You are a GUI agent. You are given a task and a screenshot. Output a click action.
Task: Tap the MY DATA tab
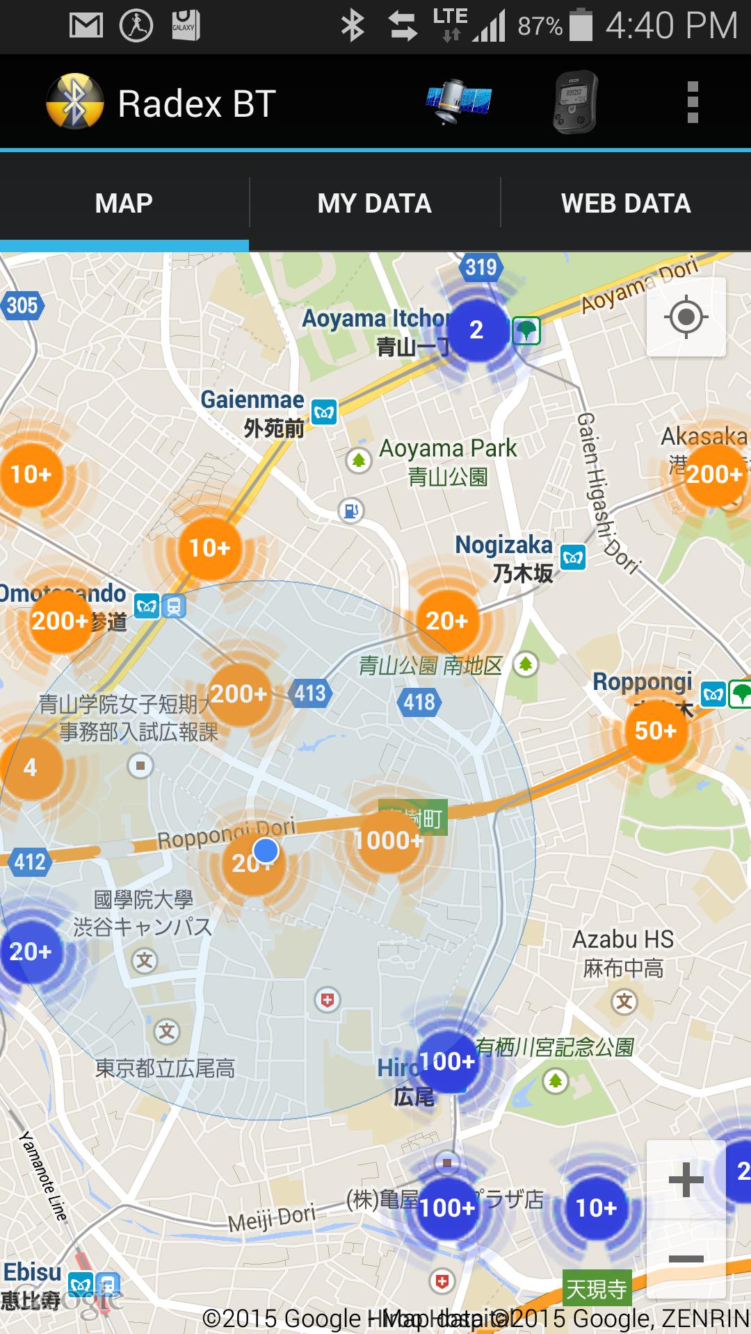click(x=374, y=204)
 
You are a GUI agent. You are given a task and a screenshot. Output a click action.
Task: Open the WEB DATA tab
click(x=626, y=204)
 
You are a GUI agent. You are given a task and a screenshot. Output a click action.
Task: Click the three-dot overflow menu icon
click(x=692, y=102)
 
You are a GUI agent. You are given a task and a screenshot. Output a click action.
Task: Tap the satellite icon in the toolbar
click(x=458, y=102)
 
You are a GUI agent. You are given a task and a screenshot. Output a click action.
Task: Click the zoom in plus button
click(x=686, y=1180)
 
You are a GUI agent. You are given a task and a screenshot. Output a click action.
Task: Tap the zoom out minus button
click(x=686, y=1259)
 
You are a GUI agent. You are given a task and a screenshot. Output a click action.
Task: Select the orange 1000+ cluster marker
click(x=388, y=840)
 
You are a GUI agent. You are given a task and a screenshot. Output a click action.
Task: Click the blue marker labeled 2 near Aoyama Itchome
click(x=476, y=330)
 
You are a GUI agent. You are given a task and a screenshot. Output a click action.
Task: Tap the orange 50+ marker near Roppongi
click(x=655, y=730)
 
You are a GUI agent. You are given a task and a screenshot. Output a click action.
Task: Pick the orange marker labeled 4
click(x=30, y=768)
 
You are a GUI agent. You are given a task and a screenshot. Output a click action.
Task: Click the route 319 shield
click(x=481, y=267)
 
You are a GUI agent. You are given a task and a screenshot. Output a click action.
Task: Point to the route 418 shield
click(x=419, y=702)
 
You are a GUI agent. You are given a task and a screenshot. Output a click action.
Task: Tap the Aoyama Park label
click(x=448, y=450)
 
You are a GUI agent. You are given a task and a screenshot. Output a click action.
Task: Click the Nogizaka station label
click(x=503, y=545)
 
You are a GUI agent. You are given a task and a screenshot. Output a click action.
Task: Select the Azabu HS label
click(x=623, y=940)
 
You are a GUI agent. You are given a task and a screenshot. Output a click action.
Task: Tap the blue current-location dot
click(x=266, y=850)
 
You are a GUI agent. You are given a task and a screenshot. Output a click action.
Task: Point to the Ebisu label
click(x=32, y=1272)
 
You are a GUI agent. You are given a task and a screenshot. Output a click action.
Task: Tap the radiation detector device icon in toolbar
click(x=575, y=102)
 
